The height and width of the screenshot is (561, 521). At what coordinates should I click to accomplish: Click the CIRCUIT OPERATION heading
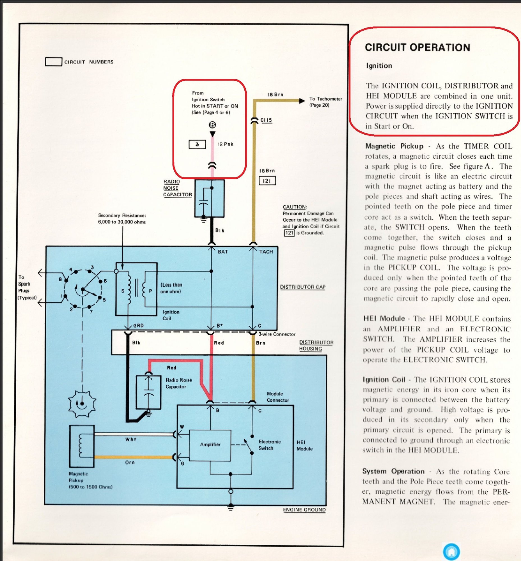coord(417,47)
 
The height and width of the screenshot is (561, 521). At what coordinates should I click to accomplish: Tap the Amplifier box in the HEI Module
coord(210,445)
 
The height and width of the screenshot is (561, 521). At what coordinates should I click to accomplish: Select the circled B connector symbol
coord(213,125)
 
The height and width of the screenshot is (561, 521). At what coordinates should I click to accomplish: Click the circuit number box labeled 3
coord(197,144)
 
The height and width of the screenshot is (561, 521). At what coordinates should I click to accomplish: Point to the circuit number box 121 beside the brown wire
coord(267,181)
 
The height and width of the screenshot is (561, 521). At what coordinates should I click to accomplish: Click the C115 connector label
coord(266,120)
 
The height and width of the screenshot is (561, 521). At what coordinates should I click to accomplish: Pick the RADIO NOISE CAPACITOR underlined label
coord(177,188)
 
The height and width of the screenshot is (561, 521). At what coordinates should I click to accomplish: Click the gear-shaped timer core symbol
coord(82,404)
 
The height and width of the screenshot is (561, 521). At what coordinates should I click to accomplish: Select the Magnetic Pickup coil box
coord(82,446)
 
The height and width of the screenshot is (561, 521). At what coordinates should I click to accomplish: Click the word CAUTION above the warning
coord(295,207)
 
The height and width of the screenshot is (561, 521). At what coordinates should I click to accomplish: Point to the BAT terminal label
coord(223,252)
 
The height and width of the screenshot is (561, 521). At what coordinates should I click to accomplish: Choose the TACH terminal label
coord(266,252)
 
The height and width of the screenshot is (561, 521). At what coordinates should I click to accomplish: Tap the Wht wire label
coord(131,440)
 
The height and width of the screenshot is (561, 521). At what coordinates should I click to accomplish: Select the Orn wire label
coord(130,463)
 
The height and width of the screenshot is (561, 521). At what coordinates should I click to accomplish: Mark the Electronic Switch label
coord(270,445)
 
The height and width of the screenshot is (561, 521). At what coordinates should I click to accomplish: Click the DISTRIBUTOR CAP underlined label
coord(302,287)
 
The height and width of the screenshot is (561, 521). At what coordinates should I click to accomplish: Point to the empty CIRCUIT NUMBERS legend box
coord(54,62)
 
